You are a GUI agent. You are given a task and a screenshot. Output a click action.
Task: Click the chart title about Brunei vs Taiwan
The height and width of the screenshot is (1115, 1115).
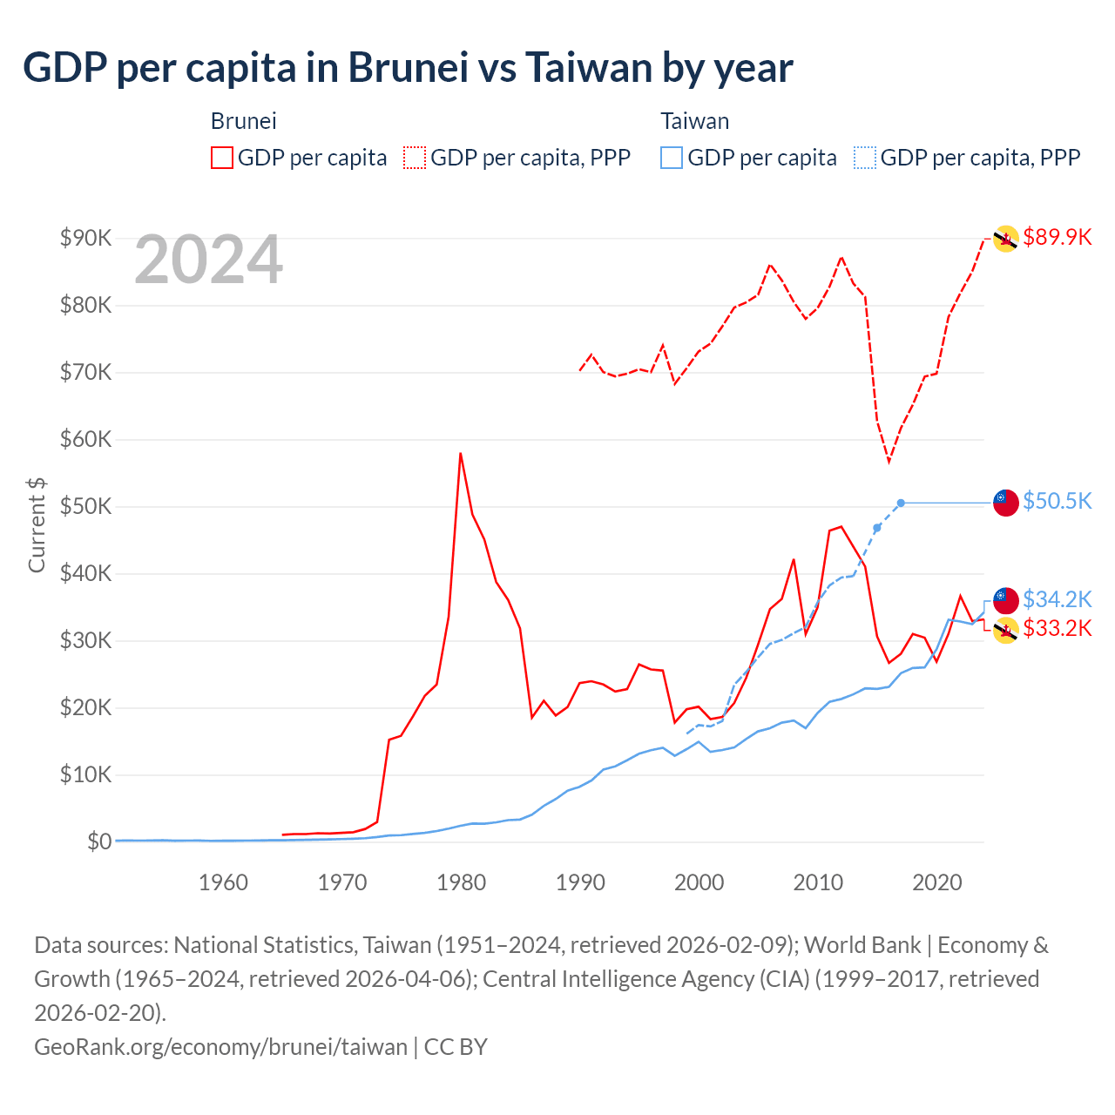tap(408, 68)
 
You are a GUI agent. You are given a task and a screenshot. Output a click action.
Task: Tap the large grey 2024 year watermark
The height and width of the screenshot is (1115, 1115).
tap(208, 260)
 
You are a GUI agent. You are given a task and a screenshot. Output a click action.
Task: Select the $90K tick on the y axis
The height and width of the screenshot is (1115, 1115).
tap(85, 238)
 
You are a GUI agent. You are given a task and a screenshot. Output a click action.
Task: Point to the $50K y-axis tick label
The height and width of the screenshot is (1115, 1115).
tap(85, 506)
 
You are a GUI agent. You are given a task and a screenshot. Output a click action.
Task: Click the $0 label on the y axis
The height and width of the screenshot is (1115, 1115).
tap(99, 841)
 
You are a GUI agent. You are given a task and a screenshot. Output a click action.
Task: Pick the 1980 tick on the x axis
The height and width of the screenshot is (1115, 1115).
tap(461, 882)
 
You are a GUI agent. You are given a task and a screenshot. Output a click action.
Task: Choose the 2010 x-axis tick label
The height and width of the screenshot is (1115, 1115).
tap(818, 882)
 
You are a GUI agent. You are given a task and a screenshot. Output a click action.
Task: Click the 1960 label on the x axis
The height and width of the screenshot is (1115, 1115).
tap(223, 882)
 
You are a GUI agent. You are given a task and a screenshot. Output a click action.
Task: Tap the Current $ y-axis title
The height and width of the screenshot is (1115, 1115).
tap(37, 525)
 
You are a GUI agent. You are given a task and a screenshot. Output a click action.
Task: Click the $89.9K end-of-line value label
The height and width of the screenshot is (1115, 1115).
tap(1058, 237)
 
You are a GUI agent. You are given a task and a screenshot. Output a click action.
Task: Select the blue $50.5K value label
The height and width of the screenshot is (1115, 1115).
tap(1058, 501)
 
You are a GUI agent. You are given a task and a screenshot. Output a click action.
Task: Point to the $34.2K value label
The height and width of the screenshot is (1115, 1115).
tap(1058, 599)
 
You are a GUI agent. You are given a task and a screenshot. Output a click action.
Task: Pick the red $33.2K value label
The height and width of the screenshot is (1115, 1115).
tap(1058, 628)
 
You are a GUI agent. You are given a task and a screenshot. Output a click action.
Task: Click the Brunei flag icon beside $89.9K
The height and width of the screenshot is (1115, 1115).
tap(1006, 238)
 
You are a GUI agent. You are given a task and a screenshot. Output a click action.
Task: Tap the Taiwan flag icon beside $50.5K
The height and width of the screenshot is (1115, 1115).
tap(1006, 503)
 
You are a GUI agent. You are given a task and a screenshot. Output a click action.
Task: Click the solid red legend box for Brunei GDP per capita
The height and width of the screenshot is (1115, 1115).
tap(222, 158)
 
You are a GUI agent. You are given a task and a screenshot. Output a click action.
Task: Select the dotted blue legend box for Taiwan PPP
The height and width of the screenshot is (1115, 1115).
tap(865, 158)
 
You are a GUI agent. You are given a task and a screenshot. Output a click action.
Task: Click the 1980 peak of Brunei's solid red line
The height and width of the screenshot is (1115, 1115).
tap(460, 453)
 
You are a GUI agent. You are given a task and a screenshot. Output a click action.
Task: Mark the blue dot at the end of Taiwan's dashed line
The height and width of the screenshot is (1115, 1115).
tap(901, 503)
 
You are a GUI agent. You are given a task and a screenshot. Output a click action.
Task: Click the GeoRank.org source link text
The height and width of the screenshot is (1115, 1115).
tap(220, 1046)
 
